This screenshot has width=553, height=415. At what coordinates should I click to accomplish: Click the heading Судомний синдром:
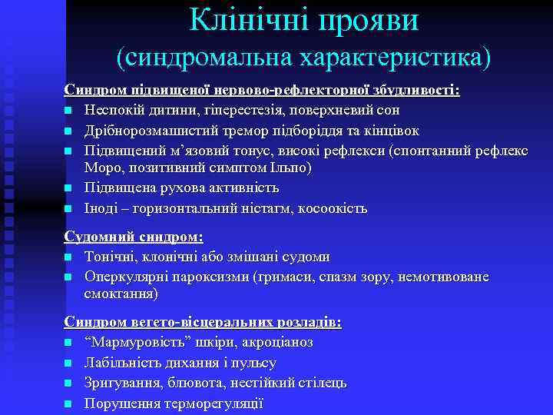[134, 237]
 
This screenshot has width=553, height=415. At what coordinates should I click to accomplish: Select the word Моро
[102, 168]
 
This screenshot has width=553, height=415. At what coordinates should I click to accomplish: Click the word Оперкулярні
[126, 277]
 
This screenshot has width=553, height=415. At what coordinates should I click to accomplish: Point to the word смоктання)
[121, 294]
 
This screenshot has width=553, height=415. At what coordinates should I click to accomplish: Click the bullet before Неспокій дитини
[68, 110]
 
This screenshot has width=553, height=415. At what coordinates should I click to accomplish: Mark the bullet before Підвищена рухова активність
[68, 188]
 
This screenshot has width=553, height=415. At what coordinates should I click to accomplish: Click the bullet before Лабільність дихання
[68, 363]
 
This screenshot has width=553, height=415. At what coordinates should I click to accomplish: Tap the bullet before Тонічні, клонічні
[68, 257]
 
